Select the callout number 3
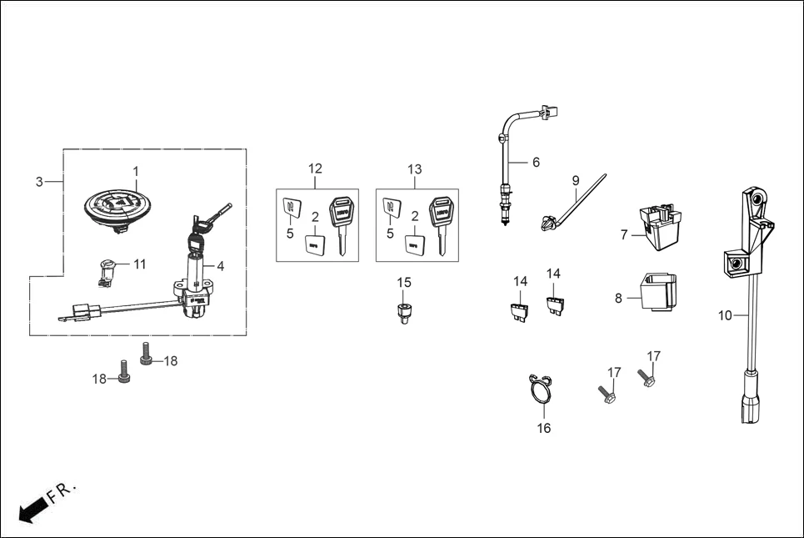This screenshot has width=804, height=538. (x=39, y=182)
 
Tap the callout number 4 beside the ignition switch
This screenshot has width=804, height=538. (x=220, y=266)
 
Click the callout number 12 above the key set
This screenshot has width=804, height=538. (x=315, y=168)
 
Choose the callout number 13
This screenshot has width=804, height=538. (x=415, y=169)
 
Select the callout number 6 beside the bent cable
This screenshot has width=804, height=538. (x=536, y=162)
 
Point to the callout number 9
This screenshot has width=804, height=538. (x=575, y=180)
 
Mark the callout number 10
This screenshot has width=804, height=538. (x=725, y=315)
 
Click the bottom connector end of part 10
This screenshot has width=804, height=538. (x=747, y=409)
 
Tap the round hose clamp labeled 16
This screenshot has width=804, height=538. (x=540, y=390)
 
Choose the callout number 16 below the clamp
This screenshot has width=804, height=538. (x=543, y=428)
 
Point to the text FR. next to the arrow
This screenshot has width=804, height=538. (x=62, y=490)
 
